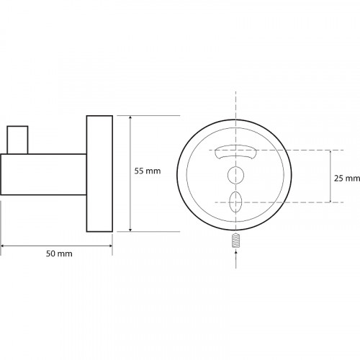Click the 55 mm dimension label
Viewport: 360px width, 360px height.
[x=148, y=171]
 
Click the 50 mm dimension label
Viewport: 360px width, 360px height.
[x=59, y=253]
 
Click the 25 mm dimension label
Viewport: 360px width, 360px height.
[x=347, y=179]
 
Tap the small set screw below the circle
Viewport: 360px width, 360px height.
[x=236, y=240]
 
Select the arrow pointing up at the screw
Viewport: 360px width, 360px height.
[x=236, y=259]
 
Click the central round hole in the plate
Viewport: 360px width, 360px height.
[x=235, y=175]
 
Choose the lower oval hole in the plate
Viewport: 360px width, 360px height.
[x=235, y=202]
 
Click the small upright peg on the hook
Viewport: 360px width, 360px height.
[x=17, y=140]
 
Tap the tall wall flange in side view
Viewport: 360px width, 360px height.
[x=99, y=174]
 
